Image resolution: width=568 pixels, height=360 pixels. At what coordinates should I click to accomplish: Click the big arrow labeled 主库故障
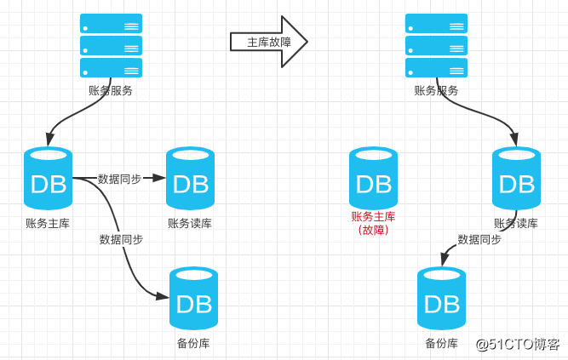click(x=267, y=41)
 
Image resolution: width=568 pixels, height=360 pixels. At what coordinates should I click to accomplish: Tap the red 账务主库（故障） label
click(x=373, y=223)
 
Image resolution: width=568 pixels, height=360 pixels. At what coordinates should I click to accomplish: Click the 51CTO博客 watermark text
click(x=517, y=344)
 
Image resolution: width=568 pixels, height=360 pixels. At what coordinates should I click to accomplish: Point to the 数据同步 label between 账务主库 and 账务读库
click(x=119, y=179)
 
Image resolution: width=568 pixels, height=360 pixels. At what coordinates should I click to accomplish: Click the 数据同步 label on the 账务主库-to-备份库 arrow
click(x=121, y=239)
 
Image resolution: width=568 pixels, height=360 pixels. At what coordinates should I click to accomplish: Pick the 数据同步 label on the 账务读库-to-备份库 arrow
click(x=479, y=239)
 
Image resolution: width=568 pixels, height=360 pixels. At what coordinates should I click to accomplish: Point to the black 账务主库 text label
click(x=48, y=223)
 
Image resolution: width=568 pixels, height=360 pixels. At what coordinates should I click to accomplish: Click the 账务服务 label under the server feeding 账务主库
click(x=111, y=90)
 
